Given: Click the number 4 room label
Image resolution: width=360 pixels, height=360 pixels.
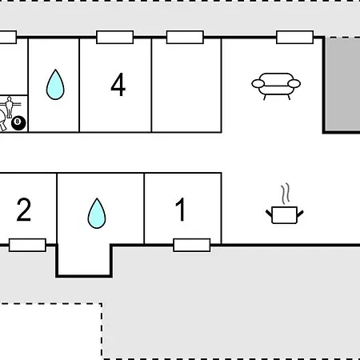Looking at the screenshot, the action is point(118,85).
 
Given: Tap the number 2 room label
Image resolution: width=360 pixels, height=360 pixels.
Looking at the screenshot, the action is point(24,210).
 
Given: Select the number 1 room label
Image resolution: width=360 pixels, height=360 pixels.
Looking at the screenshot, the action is point(181,210).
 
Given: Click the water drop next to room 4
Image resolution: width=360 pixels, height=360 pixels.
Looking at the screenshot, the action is point(55,85).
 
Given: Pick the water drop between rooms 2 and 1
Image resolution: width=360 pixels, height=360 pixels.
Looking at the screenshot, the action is point(97,214).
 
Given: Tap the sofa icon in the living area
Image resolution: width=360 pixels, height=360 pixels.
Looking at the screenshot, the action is point(276,86).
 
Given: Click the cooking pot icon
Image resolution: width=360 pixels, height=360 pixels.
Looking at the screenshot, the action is point(285,214).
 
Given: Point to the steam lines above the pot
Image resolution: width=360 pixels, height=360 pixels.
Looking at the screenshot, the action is point(286,194).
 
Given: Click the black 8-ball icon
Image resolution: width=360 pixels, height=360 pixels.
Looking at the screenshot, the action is point(18,123).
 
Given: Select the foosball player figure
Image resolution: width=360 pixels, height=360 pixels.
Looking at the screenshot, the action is point(10,107).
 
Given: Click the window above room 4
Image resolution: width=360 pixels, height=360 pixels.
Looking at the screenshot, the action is point(115,37).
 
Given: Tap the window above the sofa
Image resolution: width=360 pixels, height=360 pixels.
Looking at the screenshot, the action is point(294,37).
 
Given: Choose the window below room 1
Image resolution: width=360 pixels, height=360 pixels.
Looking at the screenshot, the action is point(192,245).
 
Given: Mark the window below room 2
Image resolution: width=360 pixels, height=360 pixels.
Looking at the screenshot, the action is point(27,245).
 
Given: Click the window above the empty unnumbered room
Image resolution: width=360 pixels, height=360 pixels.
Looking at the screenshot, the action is point(185,37).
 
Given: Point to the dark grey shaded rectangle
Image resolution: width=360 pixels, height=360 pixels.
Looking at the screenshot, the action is point(342,85).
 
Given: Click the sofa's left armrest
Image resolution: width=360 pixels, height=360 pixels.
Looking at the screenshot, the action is point(258,84).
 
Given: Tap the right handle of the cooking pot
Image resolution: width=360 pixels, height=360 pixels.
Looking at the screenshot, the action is point(300,214).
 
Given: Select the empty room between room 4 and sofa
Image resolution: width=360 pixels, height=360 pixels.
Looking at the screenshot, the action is point(186,86).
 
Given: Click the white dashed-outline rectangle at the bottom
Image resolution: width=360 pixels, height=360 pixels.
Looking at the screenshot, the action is point(50,331).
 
